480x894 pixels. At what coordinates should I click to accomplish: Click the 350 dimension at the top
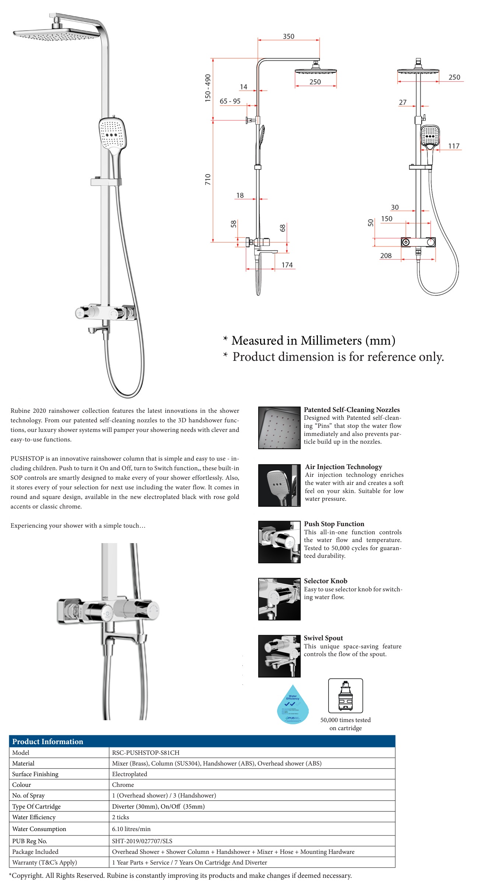[x=288, y=36]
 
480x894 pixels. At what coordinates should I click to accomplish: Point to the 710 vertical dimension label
[x=208, y=179]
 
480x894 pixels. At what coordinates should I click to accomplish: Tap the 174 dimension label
[x=287, y=265]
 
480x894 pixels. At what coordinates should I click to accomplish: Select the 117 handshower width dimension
[x=454, y=146]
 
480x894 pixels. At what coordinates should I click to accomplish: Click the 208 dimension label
[x=386, y=256]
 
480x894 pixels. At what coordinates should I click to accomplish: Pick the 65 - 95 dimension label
[x=230, y=101]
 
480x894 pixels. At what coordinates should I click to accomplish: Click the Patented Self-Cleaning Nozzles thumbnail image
[x=279, y=427]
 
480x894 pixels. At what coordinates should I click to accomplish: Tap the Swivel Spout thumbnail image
[x=279, y=656]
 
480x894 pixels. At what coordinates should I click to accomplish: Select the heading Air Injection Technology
[x=343, y=467]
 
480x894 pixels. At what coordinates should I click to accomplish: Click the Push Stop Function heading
[x=334, y=524]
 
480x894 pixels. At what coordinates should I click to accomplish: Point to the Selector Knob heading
[x=325, y=581]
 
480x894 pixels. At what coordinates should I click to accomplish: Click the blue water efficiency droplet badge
[x=292, y=704]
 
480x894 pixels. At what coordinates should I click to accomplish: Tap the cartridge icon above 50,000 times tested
[x=346, y=696]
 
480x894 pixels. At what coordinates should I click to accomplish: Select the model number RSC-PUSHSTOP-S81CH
[x=146, y=753]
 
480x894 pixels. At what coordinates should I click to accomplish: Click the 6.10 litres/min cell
[x=131, y=829]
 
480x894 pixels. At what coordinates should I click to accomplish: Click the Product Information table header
[x=48, y=742]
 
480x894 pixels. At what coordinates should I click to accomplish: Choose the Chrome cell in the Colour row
[x=123, y=785]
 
